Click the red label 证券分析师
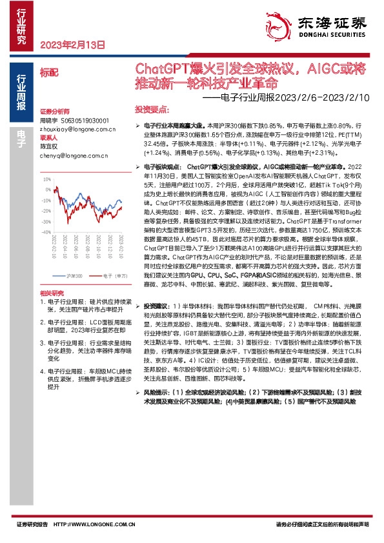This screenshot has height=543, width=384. click(x=54, y=111)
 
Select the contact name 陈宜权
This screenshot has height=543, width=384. click(x=49, y=146)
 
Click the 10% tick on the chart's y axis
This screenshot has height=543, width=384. click(x=46, y=173)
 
